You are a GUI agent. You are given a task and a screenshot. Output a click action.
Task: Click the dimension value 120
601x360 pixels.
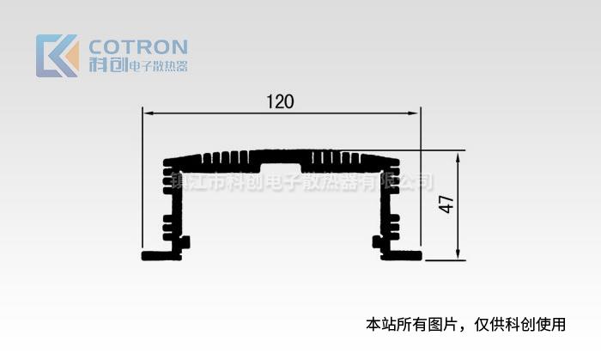pos(280,101)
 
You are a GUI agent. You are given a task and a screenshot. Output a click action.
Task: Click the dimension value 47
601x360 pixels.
pos(446,204)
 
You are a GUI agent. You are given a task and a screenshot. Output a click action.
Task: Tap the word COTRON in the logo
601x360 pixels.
pos(138,46)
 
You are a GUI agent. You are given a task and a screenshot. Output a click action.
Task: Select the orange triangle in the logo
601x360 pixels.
pos(71,58)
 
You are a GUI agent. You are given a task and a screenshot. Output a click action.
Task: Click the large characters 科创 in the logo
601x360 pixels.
pos(107,65)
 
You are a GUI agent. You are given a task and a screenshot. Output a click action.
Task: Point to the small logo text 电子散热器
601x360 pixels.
pos(157,66)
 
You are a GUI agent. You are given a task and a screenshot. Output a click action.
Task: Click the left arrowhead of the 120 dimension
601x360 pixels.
pos(146,113)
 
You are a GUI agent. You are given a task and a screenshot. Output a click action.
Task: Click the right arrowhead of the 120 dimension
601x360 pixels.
pos(416,113)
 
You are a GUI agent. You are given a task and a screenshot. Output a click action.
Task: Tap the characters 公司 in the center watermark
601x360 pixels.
pos(416,183)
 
